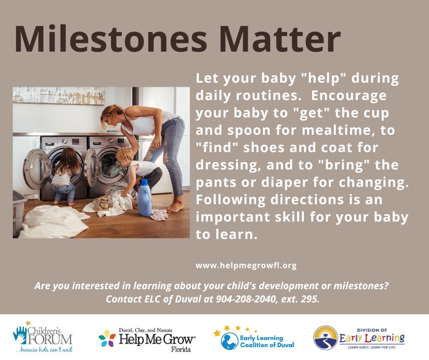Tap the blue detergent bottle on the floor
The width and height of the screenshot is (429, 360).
(144, 197)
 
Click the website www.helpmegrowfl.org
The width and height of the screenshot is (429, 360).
(246, 265)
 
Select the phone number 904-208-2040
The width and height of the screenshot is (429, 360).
(245, 299)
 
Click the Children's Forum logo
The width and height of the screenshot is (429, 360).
(43, 337)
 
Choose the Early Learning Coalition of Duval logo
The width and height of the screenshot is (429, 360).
(254, 338)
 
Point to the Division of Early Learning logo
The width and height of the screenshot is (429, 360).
(359, 338)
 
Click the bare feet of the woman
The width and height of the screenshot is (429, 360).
(175, 207)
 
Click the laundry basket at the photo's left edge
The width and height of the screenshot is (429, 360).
(19, 212)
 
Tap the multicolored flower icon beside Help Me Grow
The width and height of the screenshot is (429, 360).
(107, 339)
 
